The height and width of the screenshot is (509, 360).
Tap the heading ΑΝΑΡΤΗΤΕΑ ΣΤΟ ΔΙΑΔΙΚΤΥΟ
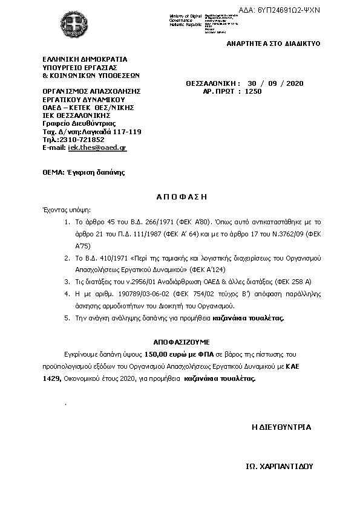tap(273, 44)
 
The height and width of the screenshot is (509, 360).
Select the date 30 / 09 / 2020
tap(280, 83)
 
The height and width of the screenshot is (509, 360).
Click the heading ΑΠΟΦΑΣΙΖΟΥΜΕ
tap(177, 341)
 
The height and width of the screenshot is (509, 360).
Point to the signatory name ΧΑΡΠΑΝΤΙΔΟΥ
tap(287, 467)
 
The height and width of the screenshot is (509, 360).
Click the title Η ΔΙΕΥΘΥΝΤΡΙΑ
tap(281, 427)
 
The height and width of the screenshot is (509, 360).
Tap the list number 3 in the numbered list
tap(66, 281)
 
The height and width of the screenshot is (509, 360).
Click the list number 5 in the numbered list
tap(66, 317)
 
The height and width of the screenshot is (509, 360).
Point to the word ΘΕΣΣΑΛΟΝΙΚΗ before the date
tap(213, 83)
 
